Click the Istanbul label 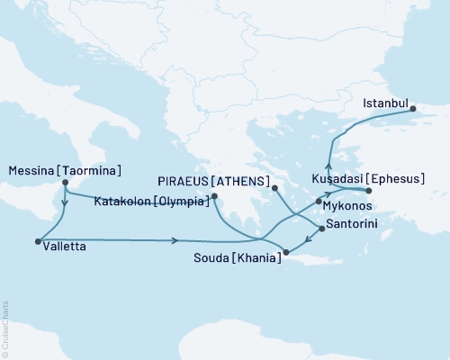click(x=386, y=103)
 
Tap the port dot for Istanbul click(x=414, y=112)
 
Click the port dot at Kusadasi click(x=368, y=191)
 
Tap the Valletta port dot click(x=37, y=240)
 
